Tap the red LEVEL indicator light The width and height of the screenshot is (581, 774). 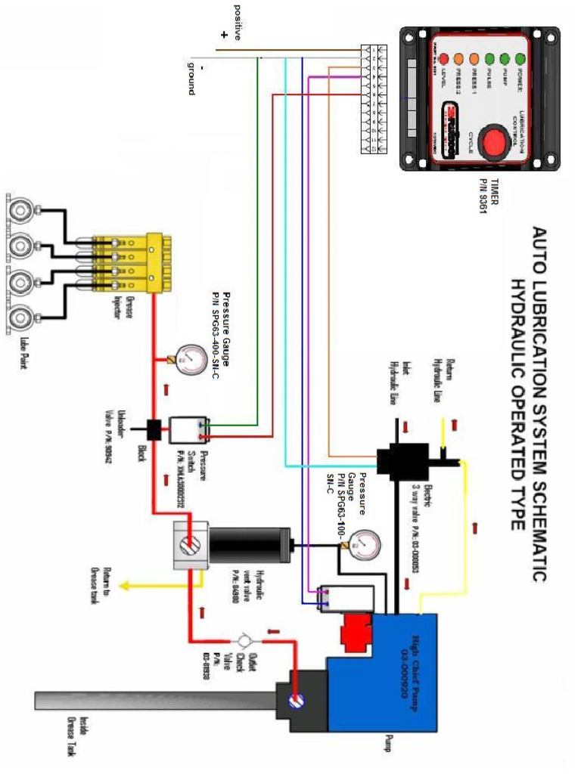click(444, 58)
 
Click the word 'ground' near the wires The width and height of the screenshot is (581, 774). click(191, 77)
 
